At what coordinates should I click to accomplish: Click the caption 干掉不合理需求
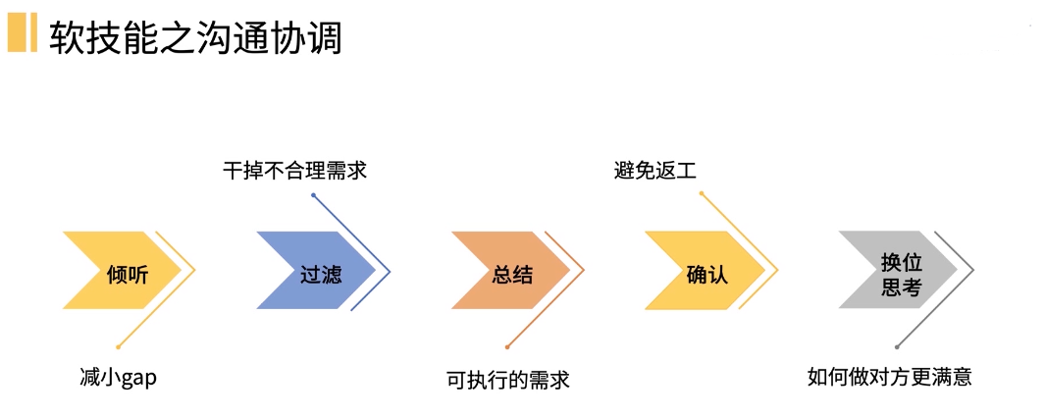coord(295,171)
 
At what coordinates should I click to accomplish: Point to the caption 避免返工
coord(654,171)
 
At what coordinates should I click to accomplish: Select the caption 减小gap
coord(118,378)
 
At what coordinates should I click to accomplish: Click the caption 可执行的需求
coord(507,380)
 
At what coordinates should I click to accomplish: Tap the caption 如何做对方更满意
coord(889,378)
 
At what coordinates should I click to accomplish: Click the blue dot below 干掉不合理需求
coord(313,195)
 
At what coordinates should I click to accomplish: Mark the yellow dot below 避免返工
coord(702,194)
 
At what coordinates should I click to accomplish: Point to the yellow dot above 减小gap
coord(119,346)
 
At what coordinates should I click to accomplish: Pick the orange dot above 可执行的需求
coord(507,346)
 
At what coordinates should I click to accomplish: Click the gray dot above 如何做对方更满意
coord(897,346)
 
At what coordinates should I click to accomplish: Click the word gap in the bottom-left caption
coord(138,379)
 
